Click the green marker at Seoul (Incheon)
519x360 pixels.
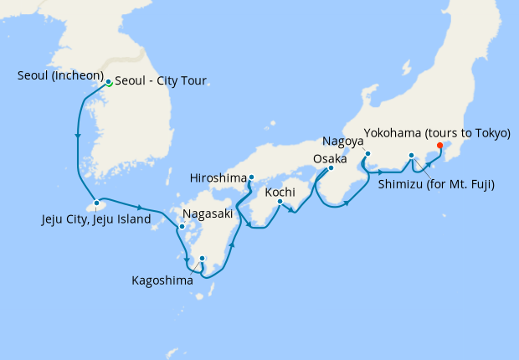[109, 82]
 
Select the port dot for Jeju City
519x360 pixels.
[97, 203]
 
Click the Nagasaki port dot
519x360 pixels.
[181, 226]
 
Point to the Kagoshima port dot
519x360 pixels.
[202, 259]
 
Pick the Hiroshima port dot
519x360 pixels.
[251, 177]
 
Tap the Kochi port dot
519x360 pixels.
[280, 201]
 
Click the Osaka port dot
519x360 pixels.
[331, 168]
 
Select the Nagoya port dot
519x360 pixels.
[367, 153]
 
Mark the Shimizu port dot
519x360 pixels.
[412, 156]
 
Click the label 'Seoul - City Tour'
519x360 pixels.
[160, 81]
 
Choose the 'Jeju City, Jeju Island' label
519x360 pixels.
[96, 220]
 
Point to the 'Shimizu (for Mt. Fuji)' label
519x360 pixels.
[435, 184]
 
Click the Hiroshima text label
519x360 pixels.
[219, 178]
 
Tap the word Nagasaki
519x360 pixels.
[207, 213]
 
